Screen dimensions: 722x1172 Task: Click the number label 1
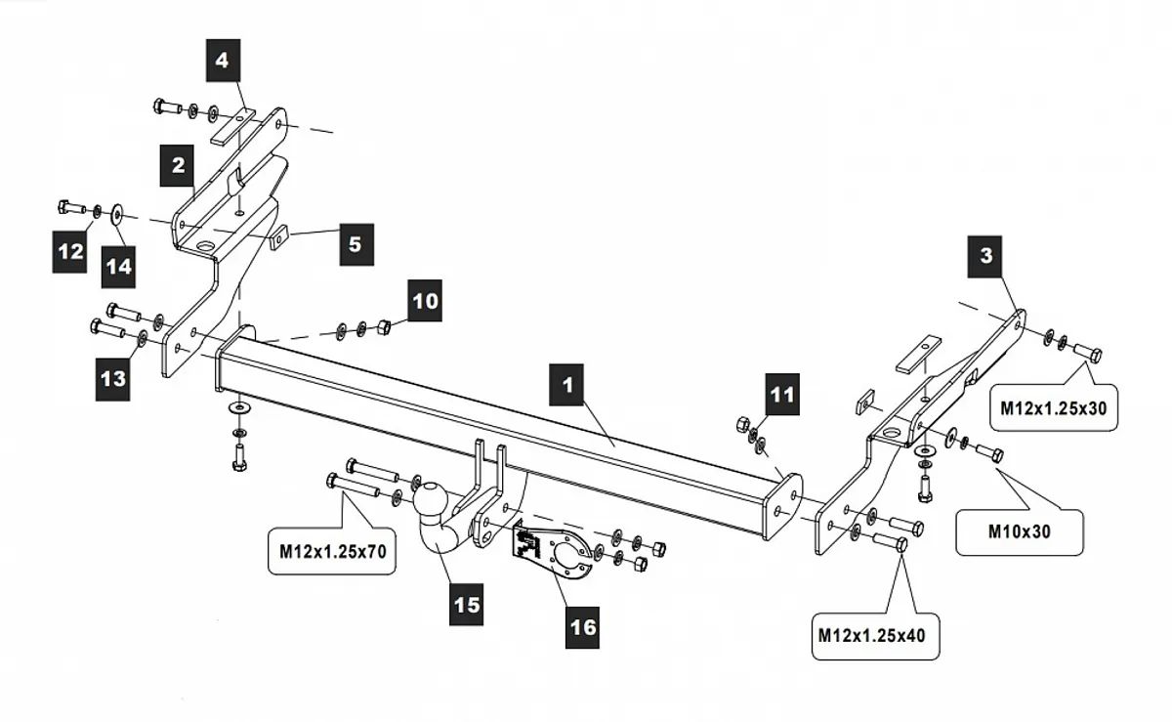(x=566, y=386)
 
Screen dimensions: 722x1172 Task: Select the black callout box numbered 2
(x=178, y=166)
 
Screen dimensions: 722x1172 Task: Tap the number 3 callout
(x=986, y=256)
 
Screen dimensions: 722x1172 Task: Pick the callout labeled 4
(x=223, y=61)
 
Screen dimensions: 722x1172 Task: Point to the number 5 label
(x=355, y=243)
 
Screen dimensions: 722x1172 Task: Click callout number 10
(x=426, y=301)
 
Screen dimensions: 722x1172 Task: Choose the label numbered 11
(x=782, y=395)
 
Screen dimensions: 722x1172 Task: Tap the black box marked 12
(x=71, y=252)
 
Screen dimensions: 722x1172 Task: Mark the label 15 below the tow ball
(x=466, y=604)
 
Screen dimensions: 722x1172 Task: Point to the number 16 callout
(x=583, y=627)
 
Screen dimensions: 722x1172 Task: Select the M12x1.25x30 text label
(x=1054, y=408)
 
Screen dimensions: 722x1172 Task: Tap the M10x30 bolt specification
(x=1019, y=531)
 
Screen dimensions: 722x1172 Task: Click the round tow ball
(x=431, y=500)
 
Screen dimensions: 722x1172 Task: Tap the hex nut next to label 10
(x=384, y=326)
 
